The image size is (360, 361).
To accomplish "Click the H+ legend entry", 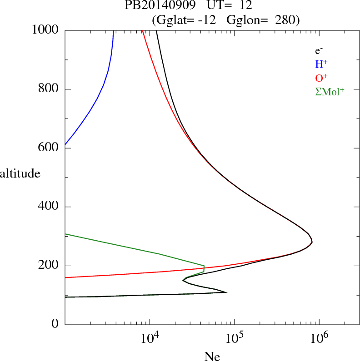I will (x=321, y=64).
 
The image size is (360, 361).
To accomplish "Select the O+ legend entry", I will (x=321, y=78).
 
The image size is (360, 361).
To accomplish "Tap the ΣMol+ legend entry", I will (x=330, y=91).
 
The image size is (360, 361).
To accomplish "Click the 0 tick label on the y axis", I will (x=55, y=325).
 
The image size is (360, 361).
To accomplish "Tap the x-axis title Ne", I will (x=212, y=356).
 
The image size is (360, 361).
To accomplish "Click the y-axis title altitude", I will (x=20, y=173).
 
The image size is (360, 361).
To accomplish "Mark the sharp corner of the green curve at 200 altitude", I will (x=204, y=266).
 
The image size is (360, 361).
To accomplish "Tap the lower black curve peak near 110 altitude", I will (x=226, y=292).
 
